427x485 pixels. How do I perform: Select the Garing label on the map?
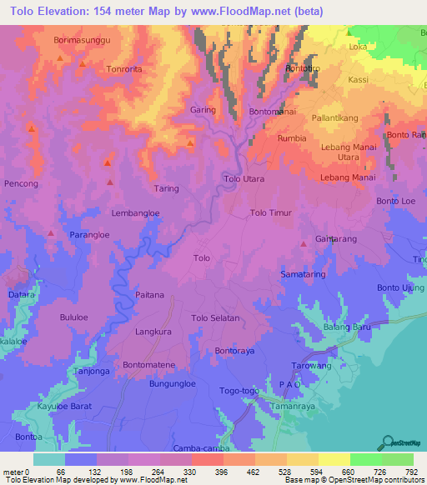[203, 110]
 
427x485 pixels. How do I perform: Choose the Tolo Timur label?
[271, 213]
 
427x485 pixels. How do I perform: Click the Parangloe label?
[90, 235]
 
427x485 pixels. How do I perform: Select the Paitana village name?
[149, 295]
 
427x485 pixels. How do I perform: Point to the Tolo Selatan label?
[216, 318]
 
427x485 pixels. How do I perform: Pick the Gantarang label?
[335, 239]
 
